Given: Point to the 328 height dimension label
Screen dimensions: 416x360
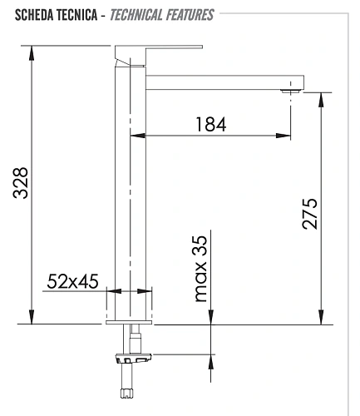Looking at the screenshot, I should [22, 182].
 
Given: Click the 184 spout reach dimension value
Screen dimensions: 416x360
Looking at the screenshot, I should [210, 124].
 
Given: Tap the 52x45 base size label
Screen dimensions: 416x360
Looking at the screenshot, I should [72, 282].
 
